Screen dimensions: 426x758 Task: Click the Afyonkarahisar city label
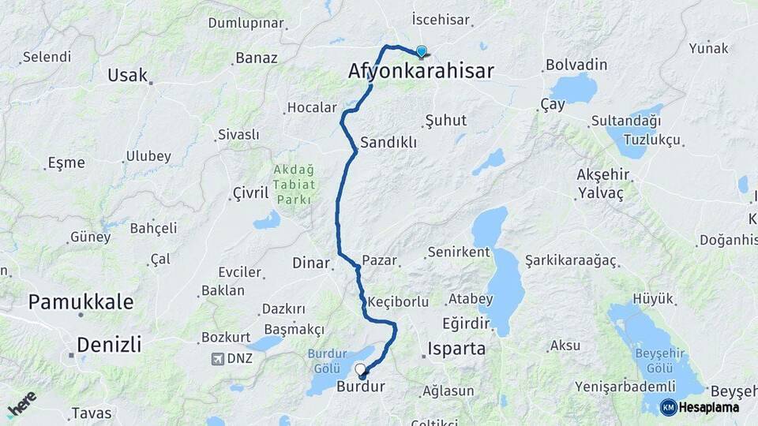click(421, 71)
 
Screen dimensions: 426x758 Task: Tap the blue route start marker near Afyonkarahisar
click(422, 52)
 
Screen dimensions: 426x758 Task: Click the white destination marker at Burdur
click(361, 369)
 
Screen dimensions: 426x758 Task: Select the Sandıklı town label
click(388, 143)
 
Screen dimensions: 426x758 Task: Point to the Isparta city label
click(456, 348)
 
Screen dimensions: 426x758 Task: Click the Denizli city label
click(109, 344)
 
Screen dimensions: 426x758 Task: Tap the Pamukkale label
click(81, 301)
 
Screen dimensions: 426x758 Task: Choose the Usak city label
click(128, 75)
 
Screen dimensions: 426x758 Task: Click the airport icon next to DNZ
click(217, 359)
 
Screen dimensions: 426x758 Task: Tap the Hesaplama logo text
click(708, 407)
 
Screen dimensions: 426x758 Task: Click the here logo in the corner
click(21, 405)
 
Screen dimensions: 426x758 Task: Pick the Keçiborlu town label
click(398, 301)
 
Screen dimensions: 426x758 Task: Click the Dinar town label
click(310, 263)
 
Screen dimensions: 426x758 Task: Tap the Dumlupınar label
click(246, 23)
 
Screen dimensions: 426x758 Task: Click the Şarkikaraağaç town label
click(571, 261)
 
